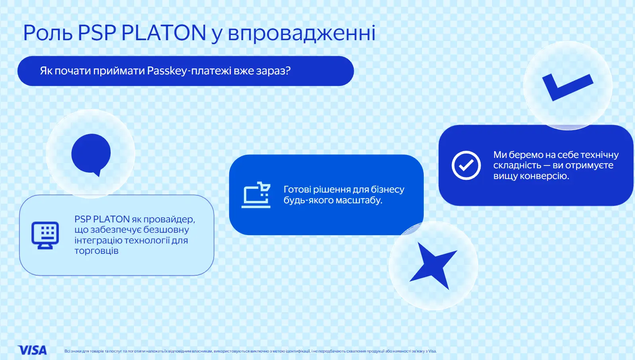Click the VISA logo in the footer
(32, 350)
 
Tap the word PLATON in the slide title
(164, 33)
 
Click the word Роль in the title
(48, 33)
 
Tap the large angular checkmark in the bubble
(567, 87)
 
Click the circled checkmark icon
(466, 165)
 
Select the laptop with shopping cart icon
(256, 195)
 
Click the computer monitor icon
(45, 235)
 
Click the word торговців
(96, 251)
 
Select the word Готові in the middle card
(300, 189)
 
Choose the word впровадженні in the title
(302, 33)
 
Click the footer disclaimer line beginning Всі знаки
(251, 351)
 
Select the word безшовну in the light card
(166, 230)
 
